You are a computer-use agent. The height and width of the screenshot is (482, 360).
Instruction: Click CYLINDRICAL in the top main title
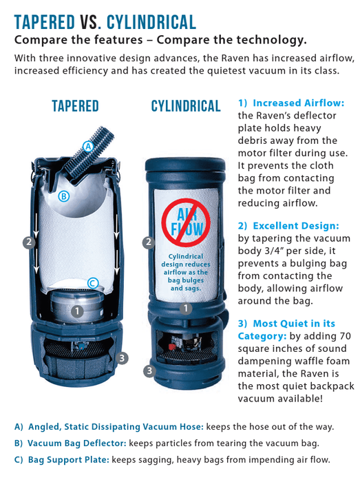tap(148, 20)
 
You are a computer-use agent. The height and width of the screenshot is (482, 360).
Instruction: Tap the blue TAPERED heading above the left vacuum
tap(75, 106)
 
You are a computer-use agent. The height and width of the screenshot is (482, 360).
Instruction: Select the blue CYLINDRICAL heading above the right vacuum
tap(186, 106)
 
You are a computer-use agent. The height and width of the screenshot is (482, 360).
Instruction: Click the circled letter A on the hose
tap(87, 146)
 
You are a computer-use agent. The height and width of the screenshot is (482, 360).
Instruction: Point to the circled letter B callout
tap(64, 196)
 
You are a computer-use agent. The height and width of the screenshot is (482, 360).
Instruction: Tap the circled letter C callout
tap(92, 282)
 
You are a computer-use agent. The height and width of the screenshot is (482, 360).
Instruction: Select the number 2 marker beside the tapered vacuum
tap(28, 242)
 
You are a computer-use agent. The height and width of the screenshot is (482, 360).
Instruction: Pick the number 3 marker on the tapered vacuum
tap(121, 357)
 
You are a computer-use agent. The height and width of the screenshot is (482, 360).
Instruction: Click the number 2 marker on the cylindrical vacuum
tap(147, 242)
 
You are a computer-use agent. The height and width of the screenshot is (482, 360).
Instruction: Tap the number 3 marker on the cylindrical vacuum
tap(148, 370)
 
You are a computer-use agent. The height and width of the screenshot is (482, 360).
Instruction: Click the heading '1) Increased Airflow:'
tap(290, 103)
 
